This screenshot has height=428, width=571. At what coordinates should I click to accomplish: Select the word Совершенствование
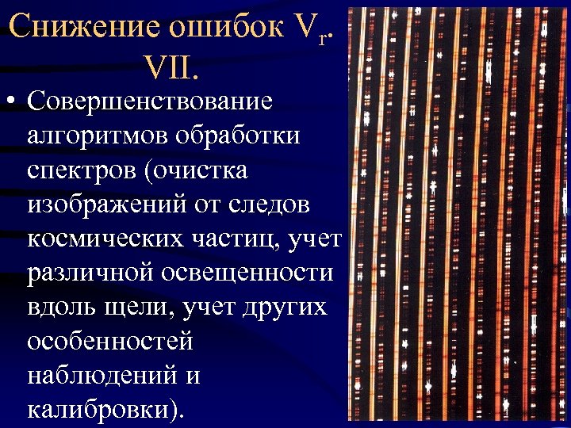[149, 102]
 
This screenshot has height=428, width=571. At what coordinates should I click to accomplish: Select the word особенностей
[110, 341]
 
